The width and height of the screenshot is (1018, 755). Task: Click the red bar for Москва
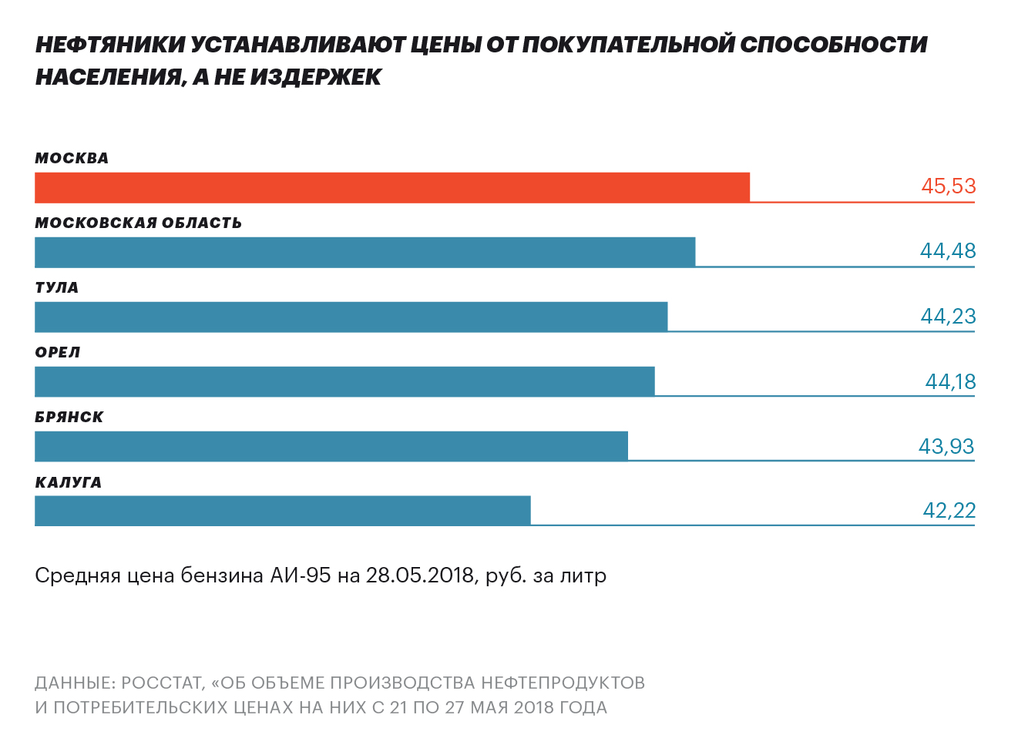point(391,187)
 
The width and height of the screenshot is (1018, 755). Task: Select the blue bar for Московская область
point(365,252)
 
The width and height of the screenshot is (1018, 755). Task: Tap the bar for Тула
point(351,317)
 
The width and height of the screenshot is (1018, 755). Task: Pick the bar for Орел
point(344,381)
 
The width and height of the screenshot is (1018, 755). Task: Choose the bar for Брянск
point(331,446)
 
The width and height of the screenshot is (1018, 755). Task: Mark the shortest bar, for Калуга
point(282,511)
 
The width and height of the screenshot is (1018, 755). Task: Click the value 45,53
point(948,186)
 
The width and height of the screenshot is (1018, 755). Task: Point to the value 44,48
point(947,251)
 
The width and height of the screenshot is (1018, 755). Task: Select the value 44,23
point(947,317)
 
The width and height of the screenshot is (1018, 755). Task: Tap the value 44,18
point(949,381)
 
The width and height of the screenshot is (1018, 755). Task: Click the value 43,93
point(946,447)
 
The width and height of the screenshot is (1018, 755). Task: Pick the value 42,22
point(949,511)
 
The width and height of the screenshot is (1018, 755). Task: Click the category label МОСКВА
point(72,158)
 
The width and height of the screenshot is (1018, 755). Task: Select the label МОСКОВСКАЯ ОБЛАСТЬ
point(138,223)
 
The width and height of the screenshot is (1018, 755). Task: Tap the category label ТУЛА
point(57,287)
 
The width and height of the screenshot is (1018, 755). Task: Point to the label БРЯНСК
point(69,417)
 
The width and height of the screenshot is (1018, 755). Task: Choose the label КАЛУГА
point(69,482)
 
